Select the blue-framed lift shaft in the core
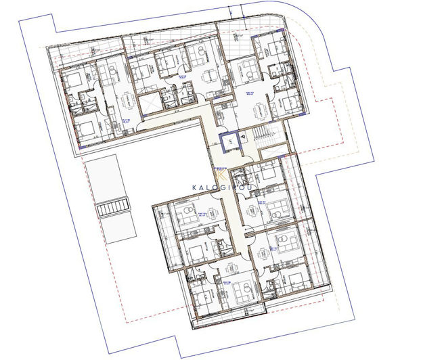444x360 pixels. pos(229,142)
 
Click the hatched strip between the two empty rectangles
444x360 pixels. pos(112,208)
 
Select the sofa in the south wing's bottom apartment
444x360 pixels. pos(230,291)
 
